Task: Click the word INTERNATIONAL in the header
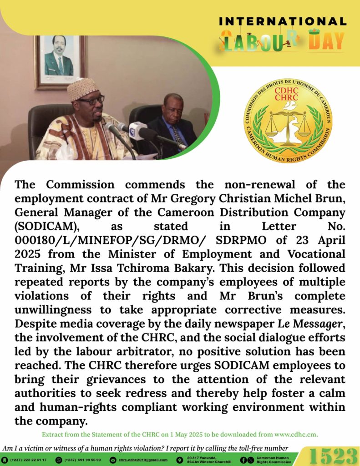tap(283, 21)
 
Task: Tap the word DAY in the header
tap(326, 42)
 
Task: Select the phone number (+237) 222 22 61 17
tap(28, 460)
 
